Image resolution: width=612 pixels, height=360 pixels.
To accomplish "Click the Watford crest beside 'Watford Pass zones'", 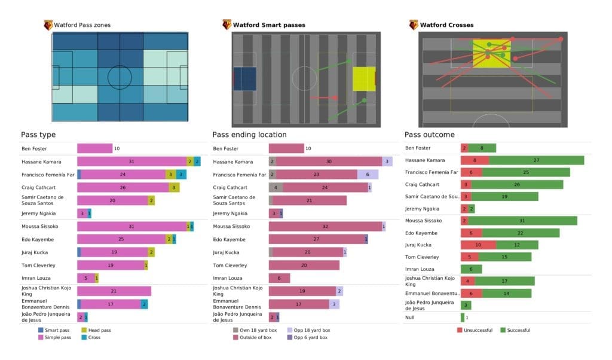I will pyautogui.click(x=48, y=25).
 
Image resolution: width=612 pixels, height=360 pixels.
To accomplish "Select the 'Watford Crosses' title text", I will pyautogui.click(x=446, y=25).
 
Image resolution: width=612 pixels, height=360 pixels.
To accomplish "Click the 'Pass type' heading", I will pyautogui.click(x=38, y=135).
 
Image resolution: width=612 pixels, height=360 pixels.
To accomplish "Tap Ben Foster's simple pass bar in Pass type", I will pyautogui.click(x=94, y=148).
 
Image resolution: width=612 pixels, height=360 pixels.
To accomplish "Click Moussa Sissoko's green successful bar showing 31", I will pyautogui.click(x=529, y=221).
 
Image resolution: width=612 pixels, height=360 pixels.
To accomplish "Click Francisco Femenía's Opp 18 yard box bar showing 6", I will pyautogui.click(x=368, y=175).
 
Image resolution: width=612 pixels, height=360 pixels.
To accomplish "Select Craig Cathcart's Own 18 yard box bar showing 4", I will pyautogui.click(x=276, y=187).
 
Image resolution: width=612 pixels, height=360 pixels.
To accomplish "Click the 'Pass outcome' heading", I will pyautogui.click(x=429, y=135).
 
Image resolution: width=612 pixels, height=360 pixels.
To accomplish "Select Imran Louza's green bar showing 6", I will pyautogui.click(x=471, y=269).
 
